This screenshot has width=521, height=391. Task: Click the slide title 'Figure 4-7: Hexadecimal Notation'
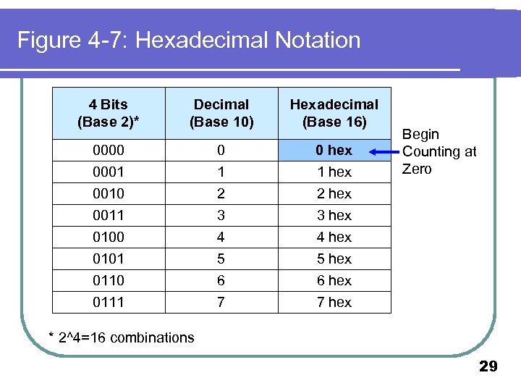point(189,40)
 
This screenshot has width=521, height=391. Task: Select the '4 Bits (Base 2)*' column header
point(109,113)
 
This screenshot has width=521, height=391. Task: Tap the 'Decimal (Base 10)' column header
point(221,113)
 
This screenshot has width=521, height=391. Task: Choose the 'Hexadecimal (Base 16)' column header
point(334,113)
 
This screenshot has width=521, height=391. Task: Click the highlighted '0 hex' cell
point(334,150)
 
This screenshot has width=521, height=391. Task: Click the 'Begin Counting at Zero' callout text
point(439,151)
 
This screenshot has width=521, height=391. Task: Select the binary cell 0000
point(109,150)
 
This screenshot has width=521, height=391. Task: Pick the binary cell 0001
point(109,172)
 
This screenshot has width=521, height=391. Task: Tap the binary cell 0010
point(109,193)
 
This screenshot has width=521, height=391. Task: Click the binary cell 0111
point(109,302)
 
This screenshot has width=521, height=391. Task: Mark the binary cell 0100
point(109,237)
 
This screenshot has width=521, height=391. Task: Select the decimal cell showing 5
point(221,258)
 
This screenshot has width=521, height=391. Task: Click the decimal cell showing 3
point(221,215)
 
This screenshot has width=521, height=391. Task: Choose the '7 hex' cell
point(334,302)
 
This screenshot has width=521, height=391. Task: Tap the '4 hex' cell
point(334,237)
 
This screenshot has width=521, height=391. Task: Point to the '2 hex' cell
point(334,193)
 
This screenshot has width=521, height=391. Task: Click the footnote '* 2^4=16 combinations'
point(121,337)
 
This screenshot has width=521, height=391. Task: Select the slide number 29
point(488,367)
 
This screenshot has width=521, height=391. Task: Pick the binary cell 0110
point(109,280)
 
